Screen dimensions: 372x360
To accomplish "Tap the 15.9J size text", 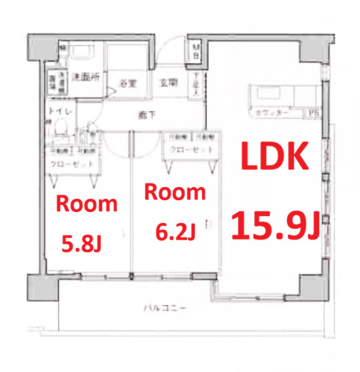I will pos(274,224).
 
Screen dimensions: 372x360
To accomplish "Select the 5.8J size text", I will pos(83,242).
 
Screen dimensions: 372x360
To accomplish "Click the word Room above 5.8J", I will pos(86,204).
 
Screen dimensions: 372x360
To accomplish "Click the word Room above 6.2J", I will pos(175,193).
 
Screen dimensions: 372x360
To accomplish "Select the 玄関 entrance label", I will pos(168,83).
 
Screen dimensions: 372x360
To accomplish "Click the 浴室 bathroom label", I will pos(127,84).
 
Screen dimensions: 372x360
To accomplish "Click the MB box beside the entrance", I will pos(197,50).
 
